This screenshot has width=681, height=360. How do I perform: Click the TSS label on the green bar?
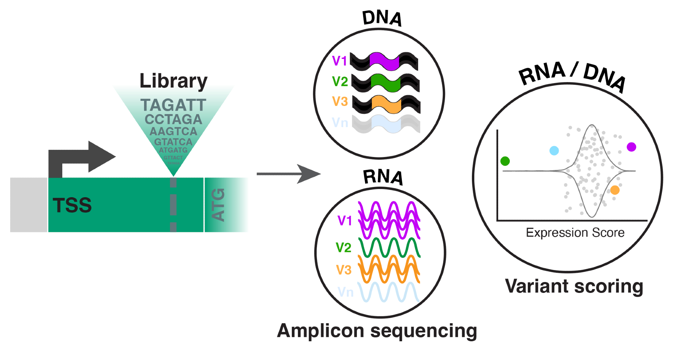pyautogui.click(x=72, y=205)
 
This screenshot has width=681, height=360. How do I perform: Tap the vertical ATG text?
pyautogui.click(x=218, y=205)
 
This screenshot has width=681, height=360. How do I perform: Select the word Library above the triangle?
pyautogui.click(x=173, y=81)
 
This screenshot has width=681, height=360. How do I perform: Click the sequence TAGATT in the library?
pyautogui.click(x=173, y=105)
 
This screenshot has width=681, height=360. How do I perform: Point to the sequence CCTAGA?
pyautogui.click(x=173, y=119)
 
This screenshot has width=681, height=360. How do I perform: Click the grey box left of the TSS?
pyautogui.click(x=29, y=205)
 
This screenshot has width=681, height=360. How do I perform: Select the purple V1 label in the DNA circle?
pyautogui.click(x=339, y=61)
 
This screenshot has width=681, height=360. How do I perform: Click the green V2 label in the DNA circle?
pyautogui.click(x=340, y=81)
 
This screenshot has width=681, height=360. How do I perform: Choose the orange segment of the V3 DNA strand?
pyautogui.click(x=386, y=104)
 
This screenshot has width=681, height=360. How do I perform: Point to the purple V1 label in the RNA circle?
pyautogui.click(x=345, y=221)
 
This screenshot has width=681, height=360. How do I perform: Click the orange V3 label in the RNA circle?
pyautogui.click(x=344, y=270)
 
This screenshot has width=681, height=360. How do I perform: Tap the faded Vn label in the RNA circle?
pyautogui.click(x=345, y=292)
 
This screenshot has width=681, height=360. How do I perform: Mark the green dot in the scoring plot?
pyautogui.click(x=505, y=161)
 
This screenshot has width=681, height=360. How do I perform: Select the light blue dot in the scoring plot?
pyautogui.click(x=554, y=151)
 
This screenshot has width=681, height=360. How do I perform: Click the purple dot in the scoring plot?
pyautogui.click(x=631, y=147)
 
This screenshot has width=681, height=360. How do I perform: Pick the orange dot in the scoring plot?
pyautogui.click(x=615, y=190)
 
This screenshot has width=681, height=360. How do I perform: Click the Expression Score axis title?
pyautogui.click(x=575, y=233)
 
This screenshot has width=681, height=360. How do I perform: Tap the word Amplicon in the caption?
pyautogui.click(x=320, y=331)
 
